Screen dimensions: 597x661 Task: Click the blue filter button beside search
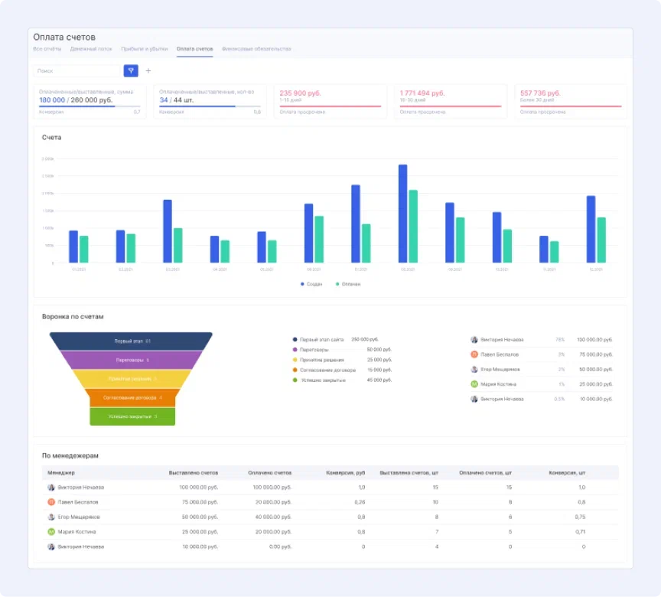pos(131,71)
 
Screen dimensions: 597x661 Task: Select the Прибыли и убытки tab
pos(144,49)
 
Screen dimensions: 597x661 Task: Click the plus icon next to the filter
pos(148,71)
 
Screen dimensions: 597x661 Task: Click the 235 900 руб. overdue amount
pos(301,93)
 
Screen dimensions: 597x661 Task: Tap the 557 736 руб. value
pos(541,93)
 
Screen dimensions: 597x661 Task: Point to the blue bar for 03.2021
pos(168,230)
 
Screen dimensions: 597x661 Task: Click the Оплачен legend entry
pos(349,284)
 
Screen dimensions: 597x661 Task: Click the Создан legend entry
pos(311,284)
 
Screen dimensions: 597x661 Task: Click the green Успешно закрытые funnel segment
pos(132,416)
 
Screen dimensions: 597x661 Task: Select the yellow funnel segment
pos(132,379)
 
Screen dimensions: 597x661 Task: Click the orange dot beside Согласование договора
pos(295,370)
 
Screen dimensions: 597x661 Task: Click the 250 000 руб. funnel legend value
pos(365,339)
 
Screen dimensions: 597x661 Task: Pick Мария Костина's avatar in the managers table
pos(51,531)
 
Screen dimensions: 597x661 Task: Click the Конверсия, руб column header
pos(345,473)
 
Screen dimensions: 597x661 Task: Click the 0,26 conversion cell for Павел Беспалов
pos(360,502)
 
